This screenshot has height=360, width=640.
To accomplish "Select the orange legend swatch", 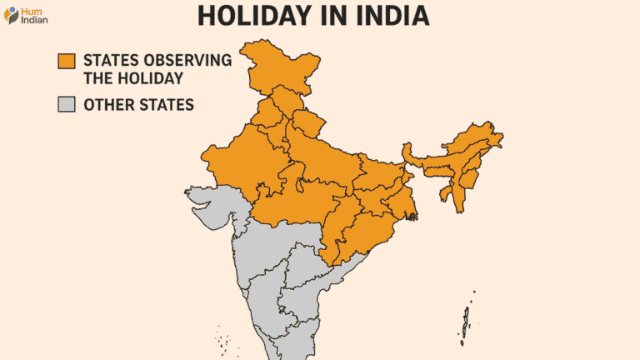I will pyautogui.click(x=66, y=62).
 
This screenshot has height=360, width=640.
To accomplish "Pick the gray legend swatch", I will pyautogui.click(x=66, y=105).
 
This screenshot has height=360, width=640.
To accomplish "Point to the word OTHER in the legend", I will pyautogui.click(x=107, y=105).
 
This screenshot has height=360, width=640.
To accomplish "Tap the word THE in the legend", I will pyautogui.click(x=97, y=79).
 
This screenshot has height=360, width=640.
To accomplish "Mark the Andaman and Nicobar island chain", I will pyautogui.click(x=466, y=321).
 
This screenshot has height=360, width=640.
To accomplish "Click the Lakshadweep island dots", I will pyautogui.click(x=222, y=337).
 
